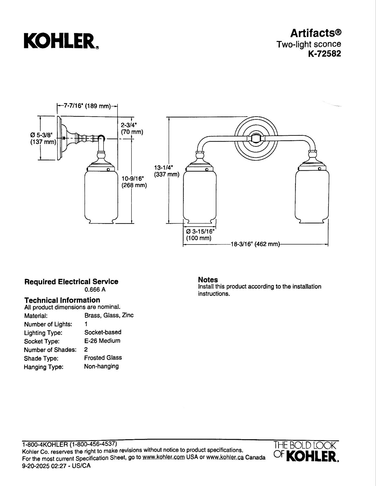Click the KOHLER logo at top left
[x=61, y=41]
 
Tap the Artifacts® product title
[x=316, y=33]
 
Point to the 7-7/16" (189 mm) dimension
[x=87, y=106]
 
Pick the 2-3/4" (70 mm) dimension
[x=132, y=128]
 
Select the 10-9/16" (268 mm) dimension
[x=134, y=182]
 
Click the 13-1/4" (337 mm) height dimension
[x=167, y=171]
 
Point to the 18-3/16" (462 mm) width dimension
[x=255, y=244]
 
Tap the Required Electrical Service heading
[x=71, y=281]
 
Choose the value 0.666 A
[x=95, y=290]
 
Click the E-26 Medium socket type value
[x=102, y=341]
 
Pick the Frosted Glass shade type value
[x=103, y=358]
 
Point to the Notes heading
[x=208, y=279]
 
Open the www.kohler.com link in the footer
[x=164, y=457]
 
